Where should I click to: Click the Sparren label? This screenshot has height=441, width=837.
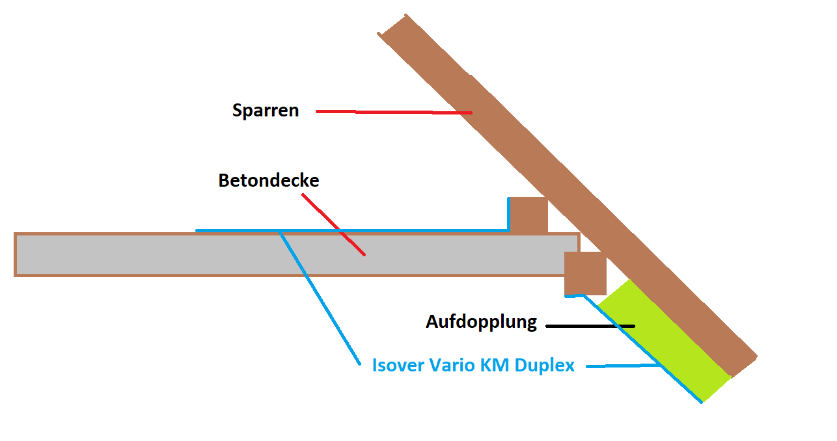tap(266, 111)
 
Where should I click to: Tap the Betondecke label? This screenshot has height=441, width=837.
tap(269, 180)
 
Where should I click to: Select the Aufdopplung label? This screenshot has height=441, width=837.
tap(482, 322)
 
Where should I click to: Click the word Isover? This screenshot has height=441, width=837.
tap(398, 366)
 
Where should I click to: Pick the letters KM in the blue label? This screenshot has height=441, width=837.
tap(495, 366)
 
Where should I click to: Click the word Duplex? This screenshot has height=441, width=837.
tap(545, 366)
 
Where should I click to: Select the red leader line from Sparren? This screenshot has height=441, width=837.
tap(394, 113)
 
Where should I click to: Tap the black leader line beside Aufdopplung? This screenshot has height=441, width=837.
tap(589, 325)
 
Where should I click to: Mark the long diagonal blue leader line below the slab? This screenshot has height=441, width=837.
tap(319, 297)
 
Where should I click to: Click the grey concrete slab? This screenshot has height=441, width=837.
tap(195, 254)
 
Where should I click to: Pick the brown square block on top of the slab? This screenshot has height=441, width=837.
tap(528, 215)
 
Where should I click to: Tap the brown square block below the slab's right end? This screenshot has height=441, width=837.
tap(585, 274)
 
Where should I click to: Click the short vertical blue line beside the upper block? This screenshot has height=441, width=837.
tap(508, 215)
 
